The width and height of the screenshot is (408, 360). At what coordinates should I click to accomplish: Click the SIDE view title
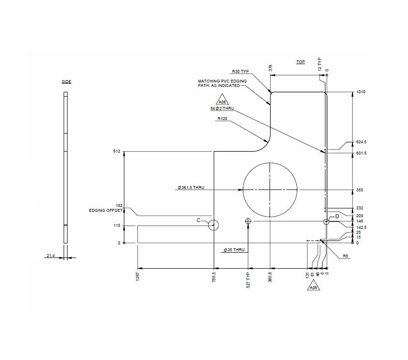[67, 82]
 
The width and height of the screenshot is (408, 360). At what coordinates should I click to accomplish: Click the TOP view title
[301, 62]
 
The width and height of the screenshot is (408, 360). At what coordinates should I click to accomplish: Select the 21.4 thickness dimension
[50, 255]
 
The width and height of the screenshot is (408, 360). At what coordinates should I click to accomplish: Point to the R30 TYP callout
[240, 71]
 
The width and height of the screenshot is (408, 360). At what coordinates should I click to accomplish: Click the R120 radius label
[222, 119]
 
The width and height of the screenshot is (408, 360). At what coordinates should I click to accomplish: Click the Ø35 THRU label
[234, 250]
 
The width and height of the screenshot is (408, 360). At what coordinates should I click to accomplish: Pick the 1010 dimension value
[360, 92]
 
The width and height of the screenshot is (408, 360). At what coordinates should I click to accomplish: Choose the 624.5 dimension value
[361, 142]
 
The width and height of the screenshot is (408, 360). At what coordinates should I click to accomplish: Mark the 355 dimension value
[359, 190]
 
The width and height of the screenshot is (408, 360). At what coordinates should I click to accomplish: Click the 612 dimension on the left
[117, 152]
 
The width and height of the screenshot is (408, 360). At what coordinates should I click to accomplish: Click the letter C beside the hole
[198, 221]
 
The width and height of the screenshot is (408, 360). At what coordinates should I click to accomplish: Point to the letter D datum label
[337, 216]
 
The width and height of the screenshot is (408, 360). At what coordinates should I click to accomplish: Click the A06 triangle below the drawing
[313, 288]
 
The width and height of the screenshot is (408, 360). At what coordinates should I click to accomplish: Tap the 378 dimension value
[271, 68]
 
